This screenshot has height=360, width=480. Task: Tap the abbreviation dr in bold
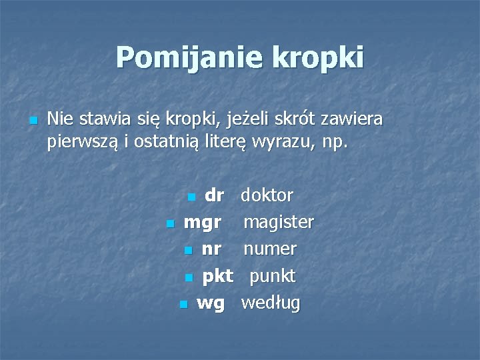click(214, 195)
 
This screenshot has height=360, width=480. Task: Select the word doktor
click(267, 195)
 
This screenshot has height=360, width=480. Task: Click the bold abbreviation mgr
click(203, 222)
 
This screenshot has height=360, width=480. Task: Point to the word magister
click(278, 222)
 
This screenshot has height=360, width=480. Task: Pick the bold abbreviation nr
click(211, 249)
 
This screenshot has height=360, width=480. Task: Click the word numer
click(269, 249)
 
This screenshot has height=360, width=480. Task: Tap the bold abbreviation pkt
click(217, 276)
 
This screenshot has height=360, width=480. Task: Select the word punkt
click(273, 276)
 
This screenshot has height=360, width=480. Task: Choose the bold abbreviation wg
click(211, 303)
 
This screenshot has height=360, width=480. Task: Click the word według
click(271, 303)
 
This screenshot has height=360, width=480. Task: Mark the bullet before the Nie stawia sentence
click(33, 121)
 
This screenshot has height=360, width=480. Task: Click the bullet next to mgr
click(170, 223)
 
